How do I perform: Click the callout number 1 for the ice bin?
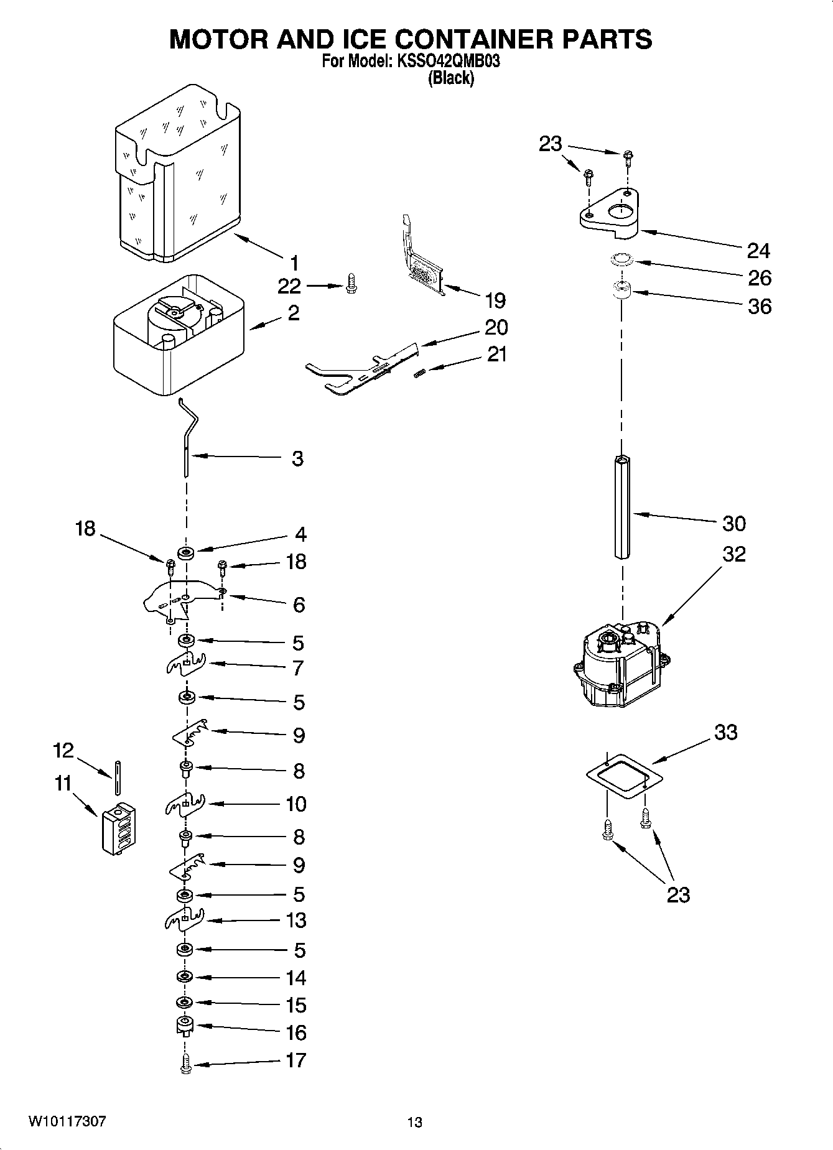tap(293, 262)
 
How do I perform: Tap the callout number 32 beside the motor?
tap(733, 554)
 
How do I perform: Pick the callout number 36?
tap(759, 306)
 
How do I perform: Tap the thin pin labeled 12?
tap(116, 777)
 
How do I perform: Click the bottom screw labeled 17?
tap(186, 1066)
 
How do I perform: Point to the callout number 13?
tap(296, 920)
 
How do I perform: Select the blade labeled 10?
tap(185, 805)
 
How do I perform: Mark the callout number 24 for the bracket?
tap(758, 251)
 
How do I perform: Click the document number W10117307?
tap(67, 1121)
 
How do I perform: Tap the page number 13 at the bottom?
tap(415, 1122)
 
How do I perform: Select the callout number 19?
tap(495, 300)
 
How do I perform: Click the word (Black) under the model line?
tap(451, 78)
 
